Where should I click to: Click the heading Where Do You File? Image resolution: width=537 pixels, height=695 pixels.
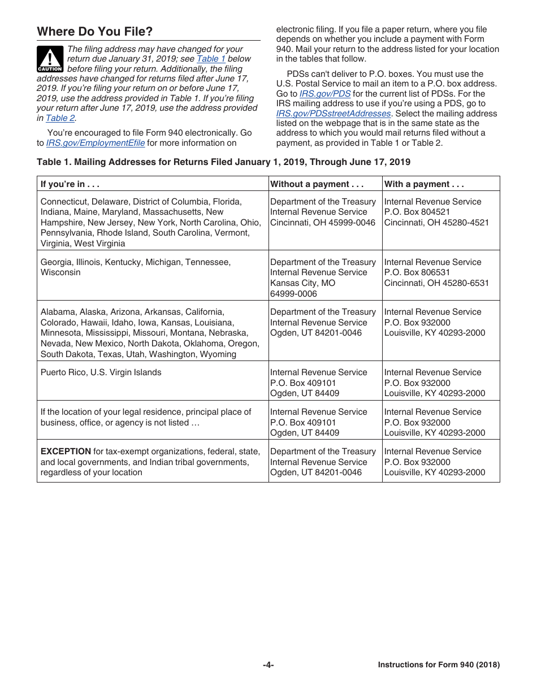[94, 32]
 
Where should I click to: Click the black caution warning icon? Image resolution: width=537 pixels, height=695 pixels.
[50, 59]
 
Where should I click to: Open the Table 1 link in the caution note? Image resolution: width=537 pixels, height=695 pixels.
[211, 59]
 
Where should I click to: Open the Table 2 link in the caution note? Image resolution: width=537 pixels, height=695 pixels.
[60, 118]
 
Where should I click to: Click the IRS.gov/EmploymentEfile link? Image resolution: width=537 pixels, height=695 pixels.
[95, 143]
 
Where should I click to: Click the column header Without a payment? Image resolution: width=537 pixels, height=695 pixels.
[317, 184]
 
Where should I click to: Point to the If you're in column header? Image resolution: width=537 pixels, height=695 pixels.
[70, 184]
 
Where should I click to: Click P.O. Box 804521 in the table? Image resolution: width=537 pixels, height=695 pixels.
[417, 212]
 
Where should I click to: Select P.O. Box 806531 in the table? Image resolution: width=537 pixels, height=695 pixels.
[417, 272]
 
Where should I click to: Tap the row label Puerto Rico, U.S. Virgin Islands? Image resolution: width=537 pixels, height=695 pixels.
[101, 372]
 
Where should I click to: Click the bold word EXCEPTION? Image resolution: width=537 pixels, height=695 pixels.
[66, 451]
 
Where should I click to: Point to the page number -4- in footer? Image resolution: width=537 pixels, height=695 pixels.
[268, 665]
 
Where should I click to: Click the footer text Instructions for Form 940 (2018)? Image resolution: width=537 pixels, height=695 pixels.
[439, 665]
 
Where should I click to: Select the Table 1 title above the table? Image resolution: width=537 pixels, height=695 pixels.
[223, 162]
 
